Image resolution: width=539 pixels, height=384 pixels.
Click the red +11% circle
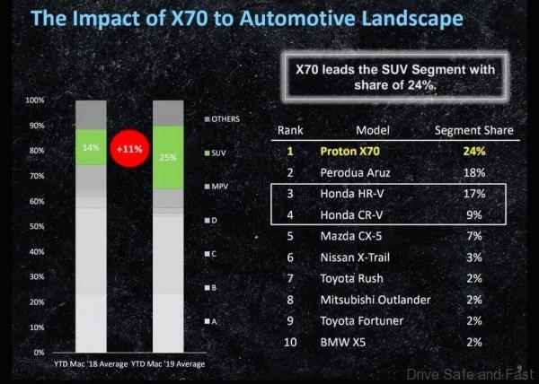click(x=128, y=148)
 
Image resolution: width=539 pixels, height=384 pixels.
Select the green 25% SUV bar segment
click(x=167, y=157)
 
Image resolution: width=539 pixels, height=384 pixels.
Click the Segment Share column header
click(x=473, y=130)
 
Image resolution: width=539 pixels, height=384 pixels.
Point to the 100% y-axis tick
click(x=34, y=100)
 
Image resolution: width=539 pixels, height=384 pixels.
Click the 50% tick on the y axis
click(x=36, y=227)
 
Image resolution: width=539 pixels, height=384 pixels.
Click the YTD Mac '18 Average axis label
click(x=90, y=363)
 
